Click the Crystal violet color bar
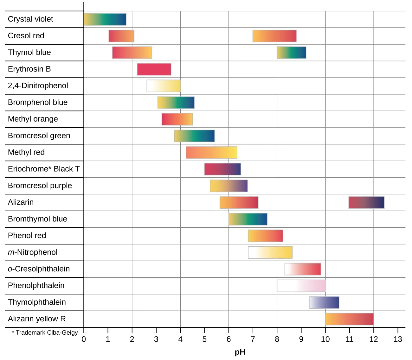pos(105,19)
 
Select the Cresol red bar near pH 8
pos(274,36)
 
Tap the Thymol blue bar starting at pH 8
pos(292,53)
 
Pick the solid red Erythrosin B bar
pos(154,69)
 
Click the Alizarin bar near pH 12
pos(366,203)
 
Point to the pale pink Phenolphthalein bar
pos(301,286)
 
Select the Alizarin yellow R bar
pos(349,319)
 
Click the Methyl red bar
pos(211,153)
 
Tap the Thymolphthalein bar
pos(324,302)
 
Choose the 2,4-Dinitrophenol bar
pos(164,86)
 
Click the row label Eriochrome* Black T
pos(44,169)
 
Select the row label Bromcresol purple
pos(40,186)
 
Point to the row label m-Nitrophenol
pos(33,252)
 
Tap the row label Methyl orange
pos(33,119)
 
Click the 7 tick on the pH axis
pos(253,339)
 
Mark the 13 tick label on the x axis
pos(397,339)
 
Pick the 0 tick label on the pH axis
pos(84,339)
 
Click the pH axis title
pos(240,352)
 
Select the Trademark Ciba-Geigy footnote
pos(45,332)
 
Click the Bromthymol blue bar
pos(248,219)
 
